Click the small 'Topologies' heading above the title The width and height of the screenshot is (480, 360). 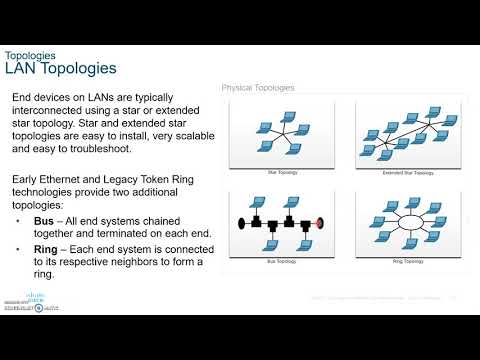coord(30,54)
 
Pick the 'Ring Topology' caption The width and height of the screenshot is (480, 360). coord(405,261)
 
